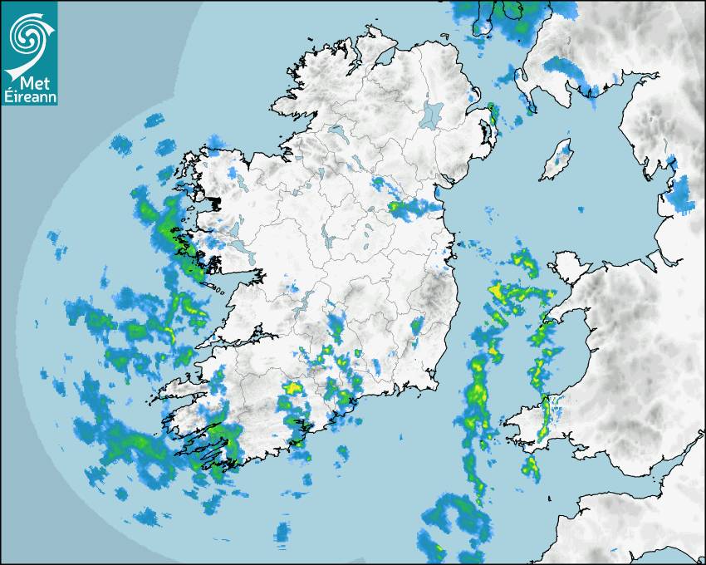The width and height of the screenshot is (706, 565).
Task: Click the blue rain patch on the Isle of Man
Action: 566,154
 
